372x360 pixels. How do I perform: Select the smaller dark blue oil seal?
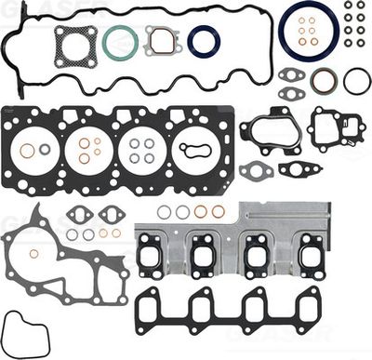point(204,40)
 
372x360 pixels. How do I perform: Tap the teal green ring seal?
point(121,41)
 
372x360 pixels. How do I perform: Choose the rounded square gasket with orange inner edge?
point(162,40)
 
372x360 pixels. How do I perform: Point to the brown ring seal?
point(325,82)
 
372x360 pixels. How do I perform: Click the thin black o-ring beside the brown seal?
point(357,82)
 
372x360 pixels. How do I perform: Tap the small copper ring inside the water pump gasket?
point(34,253)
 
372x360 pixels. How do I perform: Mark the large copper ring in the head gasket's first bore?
point(28,151)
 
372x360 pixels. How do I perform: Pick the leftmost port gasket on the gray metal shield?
point(151,250)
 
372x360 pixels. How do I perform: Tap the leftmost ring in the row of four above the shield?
point(164,212)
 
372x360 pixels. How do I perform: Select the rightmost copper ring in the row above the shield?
point(218,212)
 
